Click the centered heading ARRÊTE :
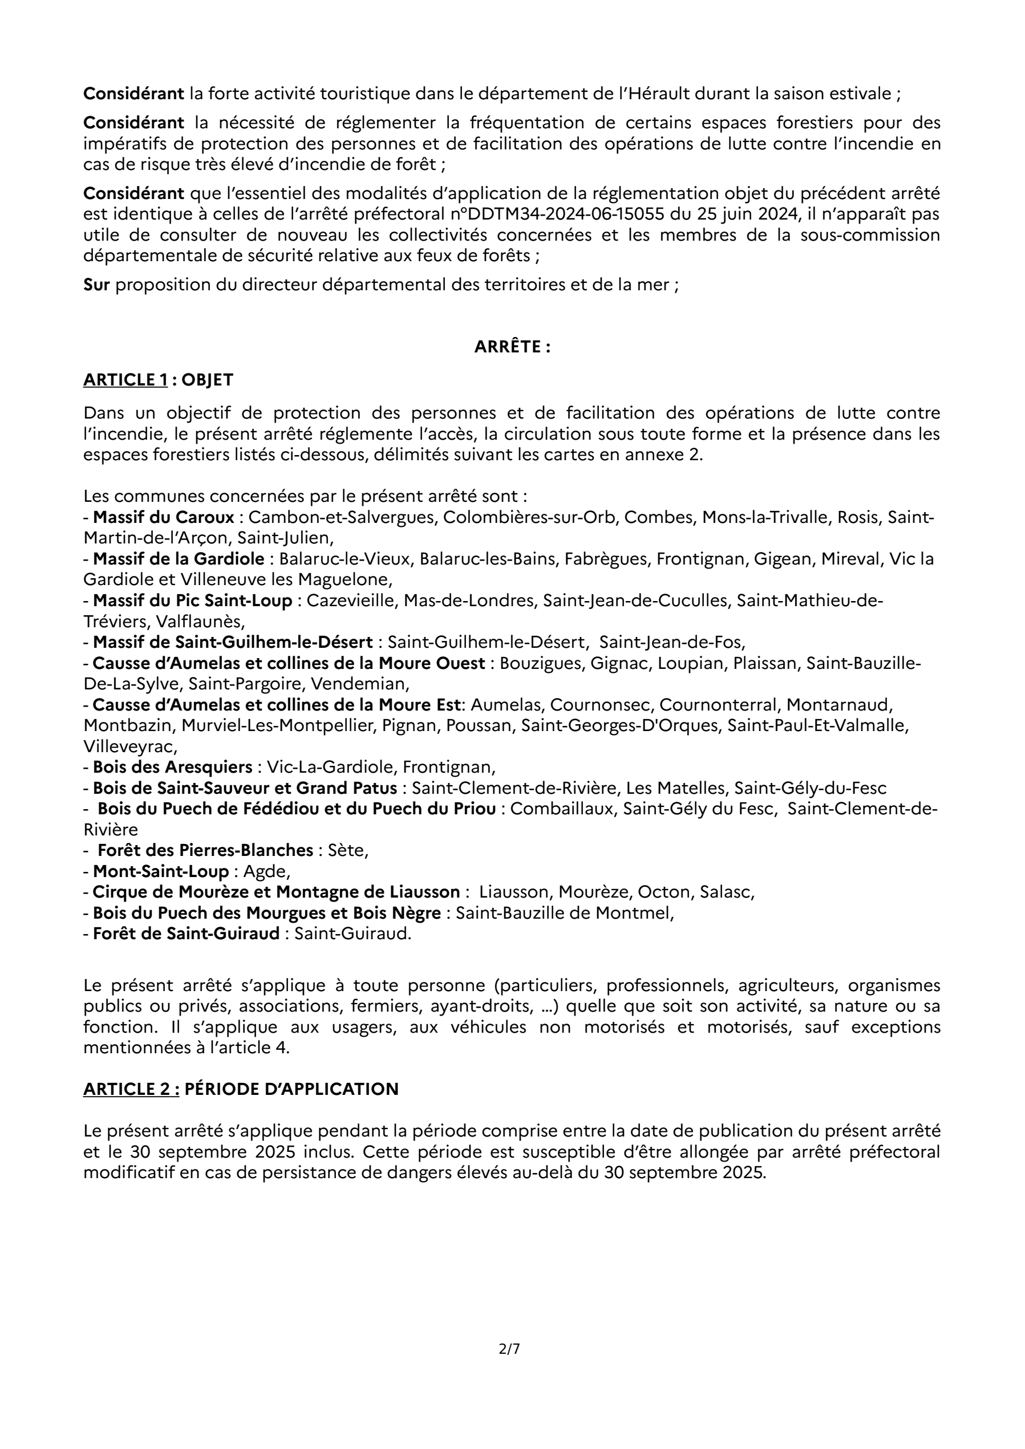pos(512,347)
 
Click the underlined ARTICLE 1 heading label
pos(125,380)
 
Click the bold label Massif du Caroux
pos(164,518)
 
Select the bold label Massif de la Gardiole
pos(179,559)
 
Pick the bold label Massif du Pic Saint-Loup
pos(192,601)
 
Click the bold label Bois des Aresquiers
pos(172,768)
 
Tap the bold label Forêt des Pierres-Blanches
pos(205,851)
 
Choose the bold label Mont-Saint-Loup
pos(160,871)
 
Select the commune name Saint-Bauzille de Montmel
pos(564,913)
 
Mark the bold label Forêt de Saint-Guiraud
pos(186,934)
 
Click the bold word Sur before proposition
pos(96,285)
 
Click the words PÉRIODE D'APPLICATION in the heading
pos(291,1090)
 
